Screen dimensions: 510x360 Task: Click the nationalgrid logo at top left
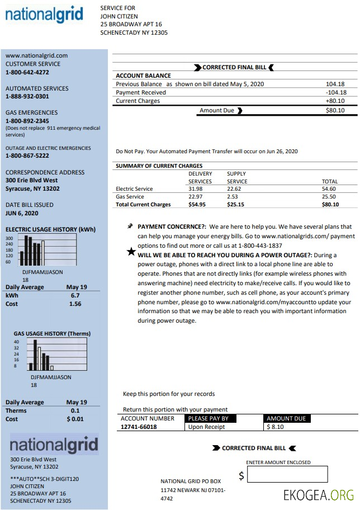tap(44, 15)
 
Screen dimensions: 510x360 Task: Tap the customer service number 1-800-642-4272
tap(27, 72)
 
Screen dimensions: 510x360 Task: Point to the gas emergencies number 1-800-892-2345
tap(27, 121)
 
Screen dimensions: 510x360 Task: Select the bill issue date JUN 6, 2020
tap(22, 213)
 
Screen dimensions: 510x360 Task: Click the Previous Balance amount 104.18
tap(335, 84)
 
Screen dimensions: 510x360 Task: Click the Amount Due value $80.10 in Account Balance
tap(335, 110)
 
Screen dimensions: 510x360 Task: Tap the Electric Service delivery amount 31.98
tap(195, 189)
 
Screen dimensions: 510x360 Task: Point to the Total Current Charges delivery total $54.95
tap(197, 205)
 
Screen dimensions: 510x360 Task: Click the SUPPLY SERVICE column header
tap(237, 177)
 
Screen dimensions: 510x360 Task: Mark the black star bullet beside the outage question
tap(131, 252)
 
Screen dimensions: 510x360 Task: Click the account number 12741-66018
tap(139, 427)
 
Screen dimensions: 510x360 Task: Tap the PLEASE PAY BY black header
tap(209, 418)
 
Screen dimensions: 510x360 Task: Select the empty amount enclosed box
tap(287, 475)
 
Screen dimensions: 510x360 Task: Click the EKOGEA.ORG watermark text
tap(318, 495)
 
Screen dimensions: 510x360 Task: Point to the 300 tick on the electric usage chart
tap(9, 238)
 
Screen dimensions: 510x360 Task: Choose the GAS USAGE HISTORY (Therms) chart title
tap(52, 334)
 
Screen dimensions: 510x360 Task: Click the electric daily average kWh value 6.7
tap(75, 295)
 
